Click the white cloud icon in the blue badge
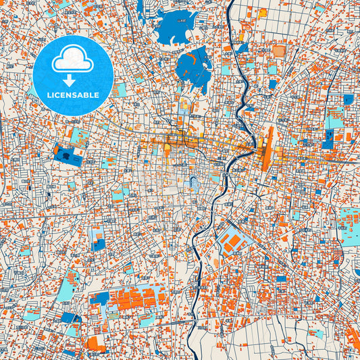pyautogui.click(x=72, y=61)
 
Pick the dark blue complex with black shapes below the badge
pyautogui.click(x=68, y=156)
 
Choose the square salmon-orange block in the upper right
pyautogui.click(x=279, y=51)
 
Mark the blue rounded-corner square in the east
pyautogui.click(x=349, y=99)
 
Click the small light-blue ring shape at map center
pyautogui.click(x=194, y=181)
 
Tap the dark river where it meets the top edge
pyautogui.click(x=230, y=3)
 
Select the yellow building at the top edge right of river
pyautogui.click(x=262, y=12)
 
